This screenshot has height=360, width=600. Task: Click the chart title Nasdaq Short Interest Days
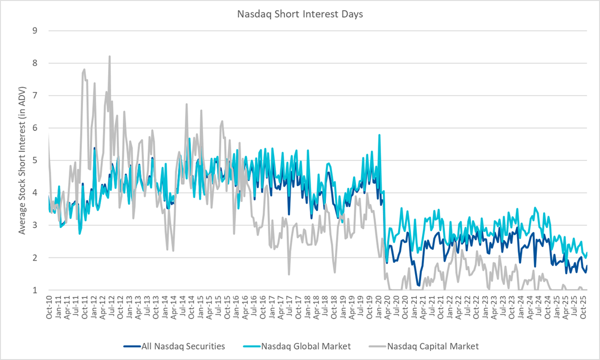(300, 14)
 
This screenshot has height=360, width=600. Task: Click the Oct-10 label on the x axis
(49, 307)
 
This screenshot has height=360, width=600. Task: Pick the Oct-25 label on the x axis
(584, 307)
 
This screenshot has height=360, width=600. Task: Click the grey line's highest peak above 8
(109, 56)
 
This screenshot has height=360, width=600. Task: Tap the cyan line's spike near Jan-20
(379, 135)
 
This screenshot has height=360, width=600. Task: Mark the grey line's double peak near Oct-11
(84, 70)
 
